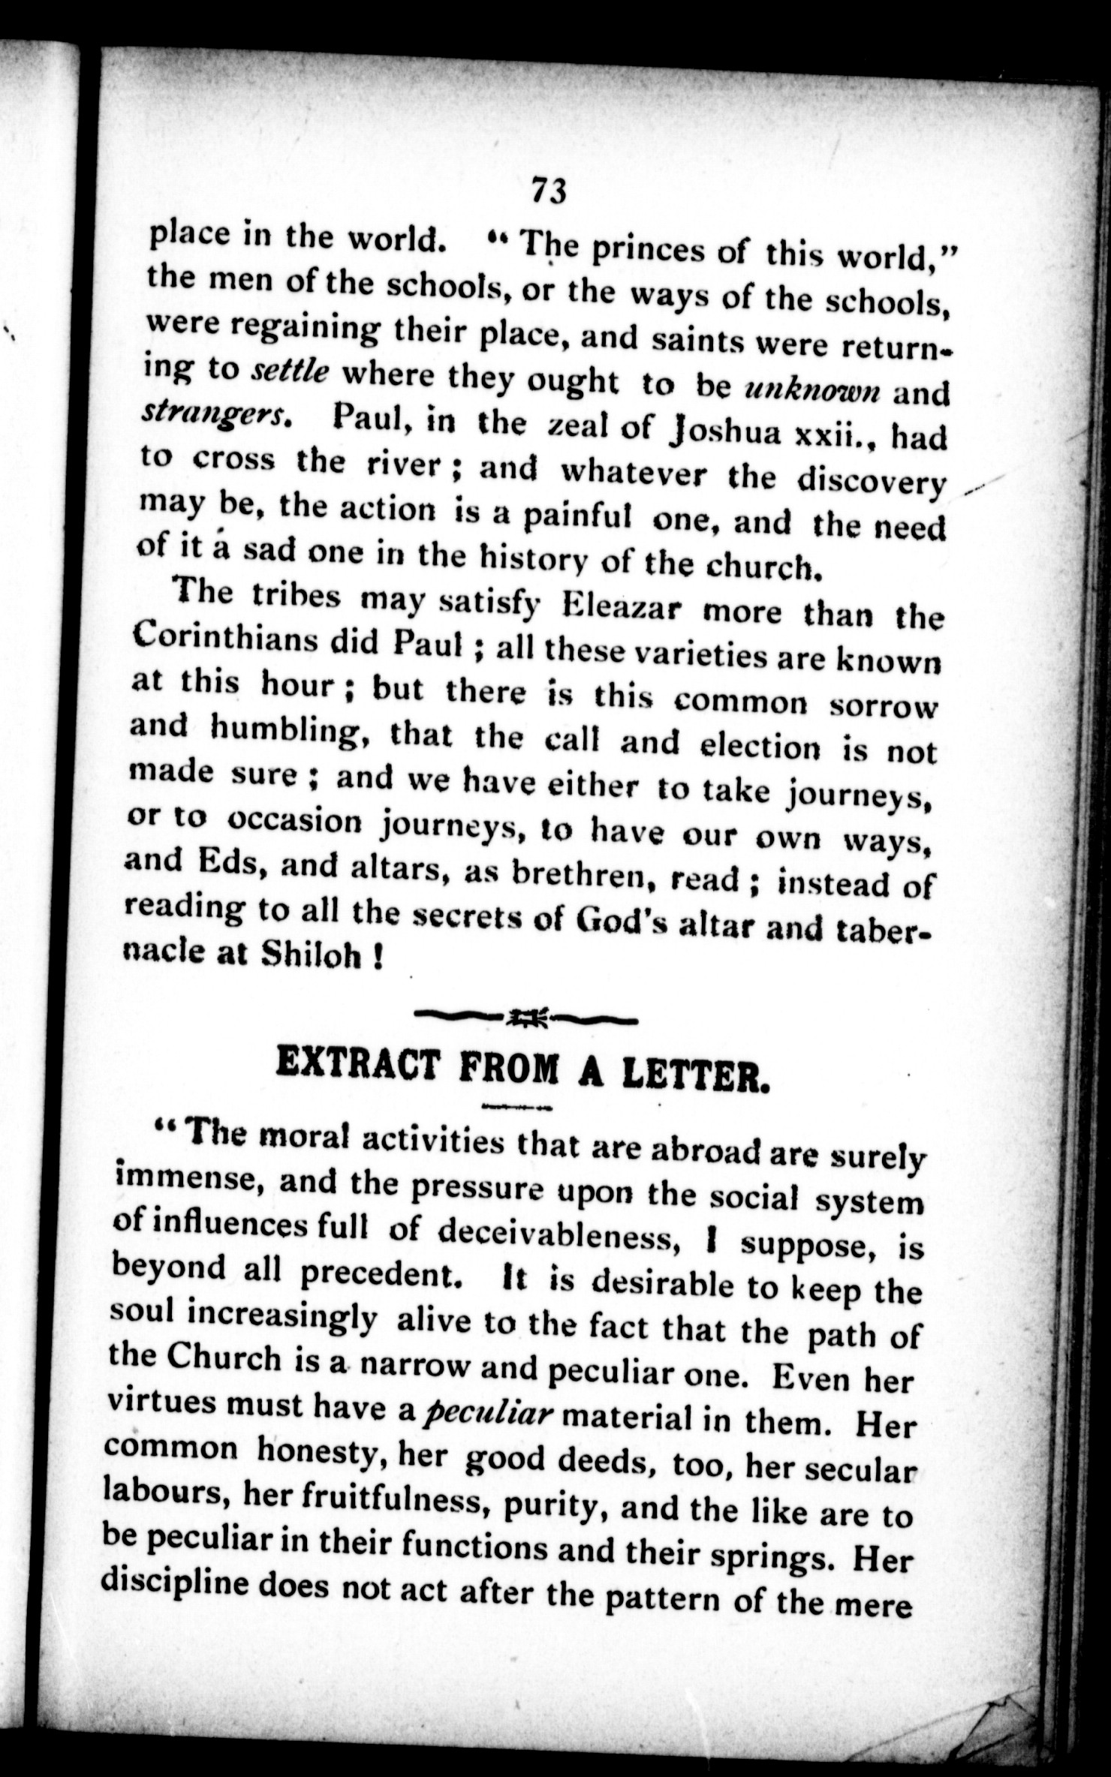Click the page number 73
click(x=548, y=191)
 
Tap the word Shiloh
click(x=309, y=956)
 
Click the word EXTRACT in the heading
click(x=357, y=1063)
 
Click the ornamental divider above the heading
click(x=525, y=1018)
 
